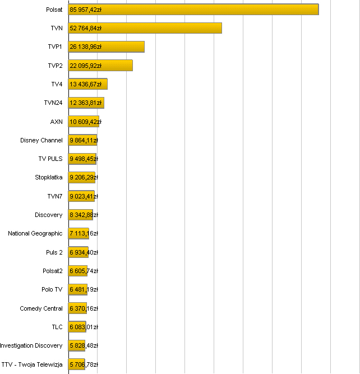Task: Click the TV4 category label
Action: pyautogui.click(x=57, y=84)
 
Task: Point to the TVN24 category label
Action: pyautogui.click(x=53, y=103)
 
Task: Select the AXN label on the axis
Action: pyautogui.click(x=57, y=122)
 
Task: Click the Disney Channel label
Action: pyautogui.click(x=41, y=140)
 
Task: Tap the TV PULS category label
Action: pyautogui.click(x=50, y=159)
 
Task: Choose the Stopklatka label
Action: pyautogui.click(x=49, y=178)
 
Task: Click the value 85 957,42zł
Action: pyautogui.click(x=85, y=10)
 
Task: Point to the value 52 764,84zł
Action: pyautogui.click(x=85, y=28)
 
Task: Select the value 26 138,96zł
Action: pyautogui.click(x=85, y=47)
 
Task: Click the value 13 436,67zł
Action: pyautogui.click(x=85, y=84)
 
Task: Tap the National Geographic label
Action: pyautogui.click(x=35, y=233)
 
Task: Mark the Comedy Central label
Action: pyautogui.click(x=41, y=308)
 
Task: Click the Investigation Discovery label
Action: pyautogui.click(x=31, y=345)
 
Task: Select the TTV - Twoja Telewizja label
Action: pyautogui.click(x=32, y=364)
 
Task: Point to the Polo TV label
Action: pyautogui.click(x=52, y=289)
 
